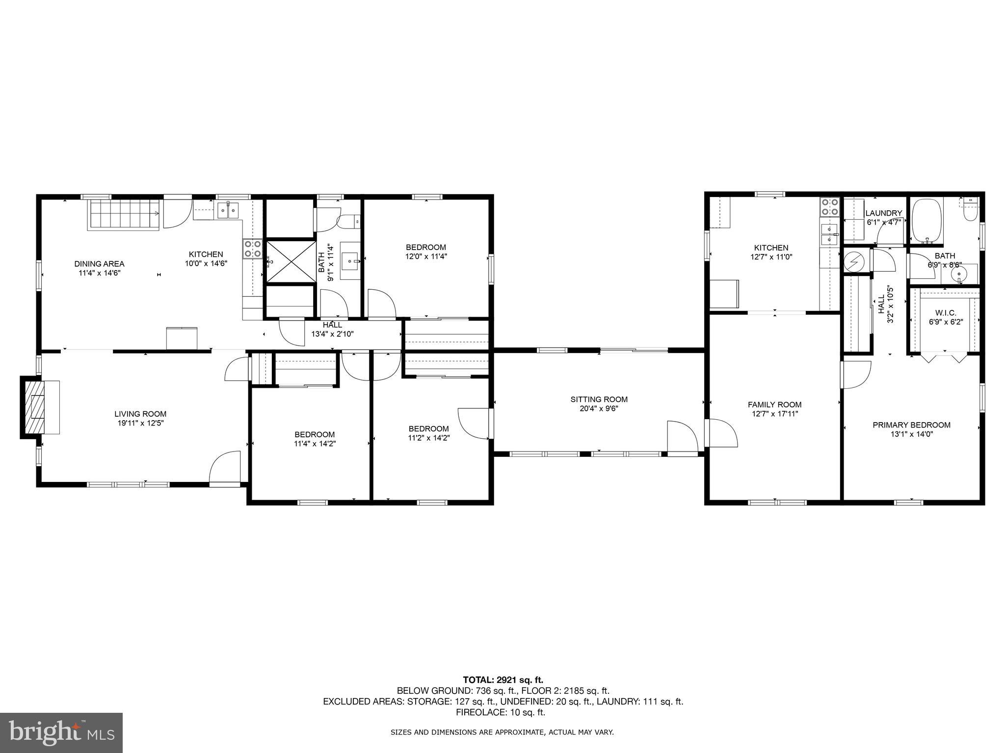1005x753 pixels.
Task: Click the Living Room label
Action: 140,414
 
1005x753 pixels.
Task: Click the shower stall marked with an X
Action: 291,262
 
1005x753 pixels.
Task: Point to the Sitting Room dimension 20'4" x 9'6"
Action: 599,408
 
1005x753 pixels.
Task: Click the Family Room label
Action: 774,404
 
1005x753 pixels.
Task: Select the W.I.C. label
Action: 945,313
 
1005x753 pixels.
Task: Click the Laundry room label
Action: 883,213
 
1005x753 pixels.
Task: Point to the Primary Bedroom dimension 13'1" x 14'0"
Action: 911,434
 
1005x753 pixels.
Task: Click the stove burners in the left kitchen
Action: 253,249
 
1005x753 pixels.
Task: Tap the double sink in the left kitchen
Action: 228,211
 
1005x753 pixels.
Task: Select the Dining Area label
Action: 99,264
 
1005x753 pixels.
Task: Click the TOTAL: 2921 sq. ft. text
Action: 503,680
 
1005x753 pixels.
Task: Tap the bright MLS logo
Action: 61,733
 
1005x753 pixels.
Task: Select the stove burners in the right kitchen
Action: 830,207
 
